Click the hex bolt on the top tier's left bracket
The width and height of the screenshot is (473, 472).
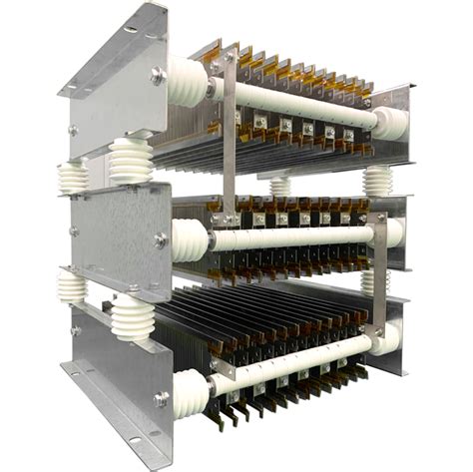coord(159,75)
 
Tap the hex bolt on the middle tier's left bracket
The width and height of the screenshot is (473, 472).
coord(161,239)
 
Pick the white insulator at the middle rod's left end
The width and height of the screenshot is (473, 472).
coord(189,240)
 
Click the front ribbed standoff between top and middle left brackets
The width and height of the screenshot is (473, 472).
coord(130,161)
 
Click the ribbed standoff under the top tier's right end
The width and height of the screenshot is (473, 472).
coord(378,182)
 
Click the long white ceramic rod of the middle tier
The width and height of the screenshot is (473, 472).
coord(289,236)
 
